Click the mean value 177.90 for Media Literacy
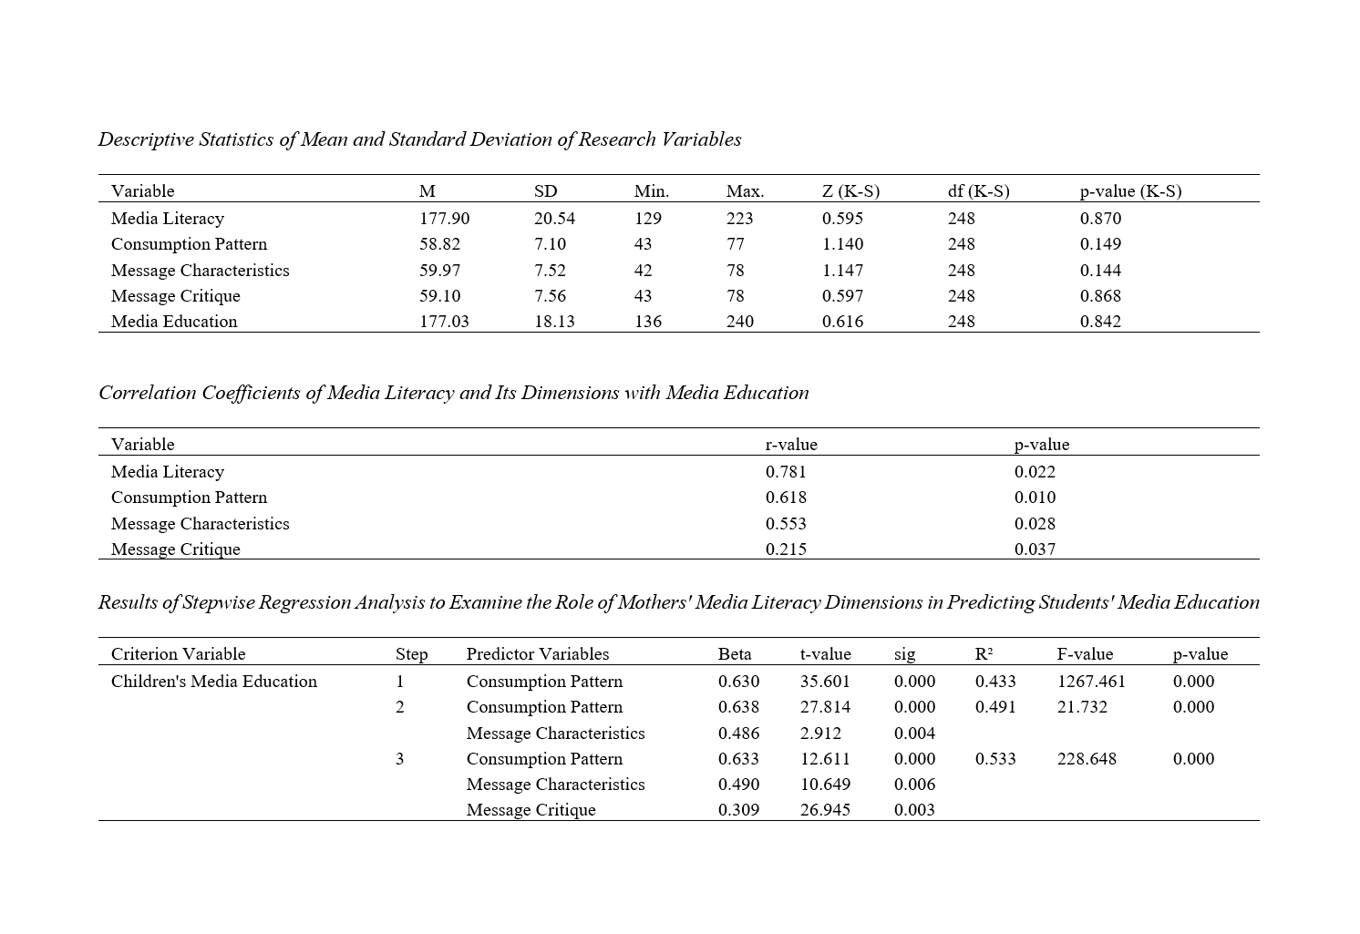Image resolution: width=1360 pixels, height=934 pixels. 444,219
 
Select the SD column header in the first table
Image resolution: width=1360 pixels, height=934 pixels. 545,191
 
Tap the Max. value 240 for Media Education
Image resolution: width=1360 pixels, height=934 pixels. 739,322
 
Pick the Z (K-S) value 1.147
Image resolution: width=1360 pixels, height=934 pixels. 842,271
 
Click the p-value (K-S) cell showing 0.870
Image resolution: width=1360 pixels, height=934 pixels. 1100,219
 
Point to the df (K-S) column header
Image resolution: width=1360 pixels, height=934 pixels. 978,191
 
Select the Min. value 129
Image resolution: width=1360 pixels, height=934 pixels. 647,219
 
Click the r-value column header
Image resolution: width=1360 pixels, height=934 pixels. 791,445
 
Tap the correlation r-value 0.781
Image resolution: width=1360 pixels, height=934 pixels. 786,472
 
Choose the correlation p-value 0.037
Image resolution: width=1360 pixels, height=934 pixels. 1035,549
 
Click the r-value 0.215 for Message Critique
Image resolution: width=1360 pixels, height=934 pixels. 786,549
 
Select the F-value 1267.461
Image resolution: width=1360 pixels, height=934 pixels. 1091,682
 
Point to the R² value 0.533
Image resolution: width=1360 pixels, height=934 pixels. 995,759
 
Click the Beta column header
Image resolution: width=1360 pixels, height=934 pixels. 735,654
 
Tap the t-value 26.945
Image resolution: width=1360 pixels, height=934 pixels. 825,810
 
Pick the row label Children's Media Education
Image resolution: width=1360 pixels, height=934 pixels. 214,682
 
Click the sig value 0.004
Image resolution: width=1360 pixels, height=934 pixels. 914,734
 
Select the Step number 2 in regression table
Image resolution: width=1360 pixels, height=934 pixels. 399,707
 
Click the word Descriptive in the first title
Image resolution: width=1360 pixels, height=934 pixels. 145,139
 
